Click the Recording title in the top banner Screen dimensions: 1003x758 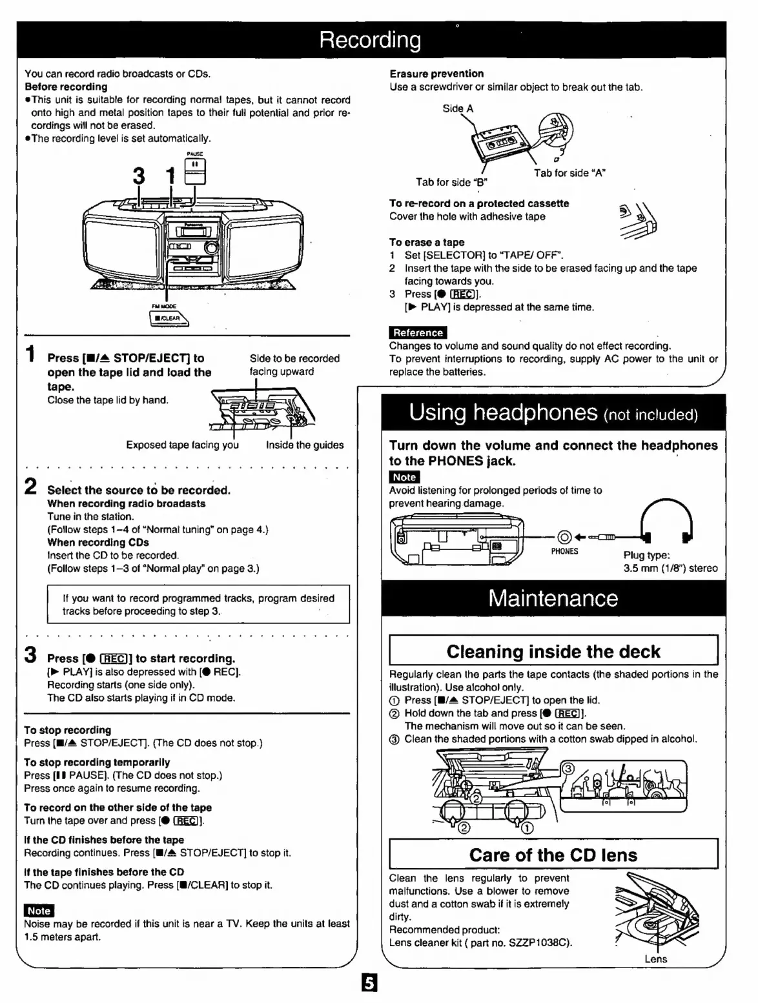point(370,40)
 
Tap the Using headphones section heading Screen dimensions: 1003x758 point(553,412)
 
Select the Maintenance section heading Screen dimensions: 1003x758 point(553,598)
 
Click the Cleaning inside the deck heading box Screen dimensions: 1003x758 point(553,651)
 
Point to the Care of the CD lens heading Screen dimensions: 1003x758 point(553,855)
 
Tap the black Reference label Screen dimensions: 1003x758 point(418,333)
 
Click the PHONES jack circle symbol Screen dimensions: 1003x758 point(564,536)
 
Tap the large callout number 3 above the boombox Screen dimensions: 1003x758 point(139,176)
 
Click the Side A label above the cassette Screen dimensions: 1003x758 point(458,108)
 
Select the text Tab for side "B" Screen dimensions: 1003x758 point(451,182)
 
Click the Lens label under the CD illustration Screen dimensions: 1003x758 point(655,959)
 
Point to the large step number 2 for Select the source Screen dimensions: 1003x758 point(30,487)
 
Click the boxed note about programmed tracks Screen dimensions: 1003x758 point(198,604)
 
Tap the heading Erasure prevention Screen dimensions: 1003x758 point(436,74)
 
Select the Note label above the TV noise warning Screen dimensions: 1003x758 point(39,910)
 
